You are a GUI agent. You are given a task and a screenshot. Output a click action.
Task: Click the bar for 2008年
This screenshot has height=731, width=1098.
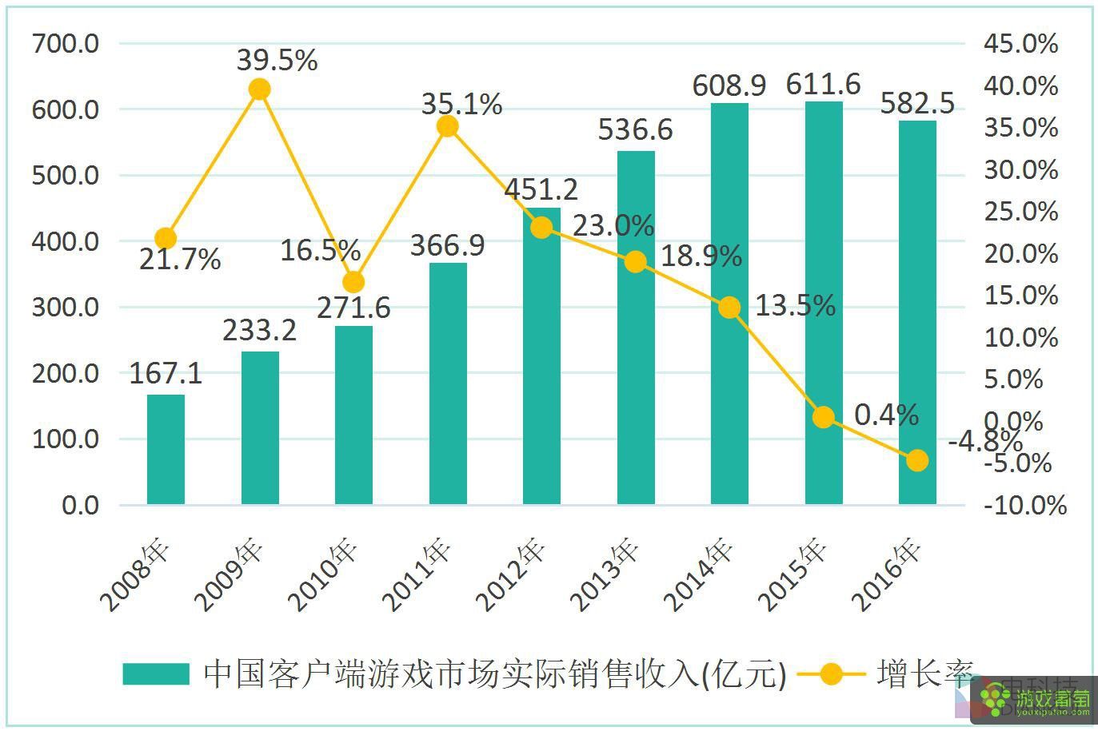point(166,449)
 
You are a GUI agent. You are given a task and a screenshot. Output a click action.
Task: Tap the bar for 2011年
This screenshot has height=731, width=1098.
point(447,383)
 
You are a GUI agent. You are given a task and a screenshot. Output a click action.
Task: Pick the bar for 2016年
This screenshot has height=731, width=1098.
point(917,312)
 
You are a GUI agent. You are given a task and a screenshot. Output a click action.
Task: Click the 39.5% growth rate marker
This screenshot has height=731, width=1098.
point(259,89)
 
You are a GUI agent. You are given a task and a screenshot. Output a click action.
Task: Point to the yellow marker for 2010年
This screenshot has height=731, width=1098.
point(353,283)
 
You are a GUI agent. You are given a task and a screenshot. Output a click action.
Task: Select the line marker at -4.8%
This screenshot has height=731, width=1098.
point(917,460)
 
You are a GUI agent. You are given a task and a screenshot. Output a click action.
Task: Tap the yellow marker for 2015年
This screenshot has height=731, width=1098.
point(823,417)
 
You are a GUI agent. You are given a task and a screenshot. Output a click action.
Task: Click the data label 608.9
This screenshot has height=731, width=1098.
point(729,85)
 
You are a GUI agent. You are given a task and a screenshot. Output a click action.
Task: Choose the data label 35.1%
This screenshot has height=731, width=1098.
point(462,104)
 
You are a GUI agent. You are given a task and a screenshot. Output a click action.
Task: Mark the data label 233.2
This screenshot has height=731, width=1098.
point(259,330)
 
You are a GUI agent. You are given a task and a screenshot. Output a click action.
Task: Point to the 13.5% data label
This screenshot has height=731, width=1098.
point(795,305)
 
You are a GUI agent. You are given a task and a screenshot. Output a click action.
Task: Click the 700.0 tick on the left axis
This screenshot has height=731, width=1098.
point(66,43)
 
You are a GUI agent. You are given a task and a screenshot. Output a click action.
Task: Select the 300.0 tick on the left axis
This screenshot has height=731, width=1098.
point(66,307)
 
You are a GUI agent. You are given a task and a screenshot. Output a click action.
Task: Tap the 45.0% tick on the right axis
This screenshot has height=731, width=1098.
point(1021,43)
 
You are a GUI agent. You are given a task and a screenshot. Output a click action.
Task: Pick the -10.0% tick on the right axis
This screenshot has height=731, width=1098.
point(1025,505)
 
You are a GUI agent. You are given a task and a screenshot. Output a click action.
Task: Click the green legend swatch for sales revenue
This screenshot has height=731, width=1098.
point(156,673)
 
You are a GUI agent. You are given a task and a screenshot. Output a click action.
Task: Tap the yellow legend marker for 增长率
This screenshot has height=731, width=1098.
point(831,673)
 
